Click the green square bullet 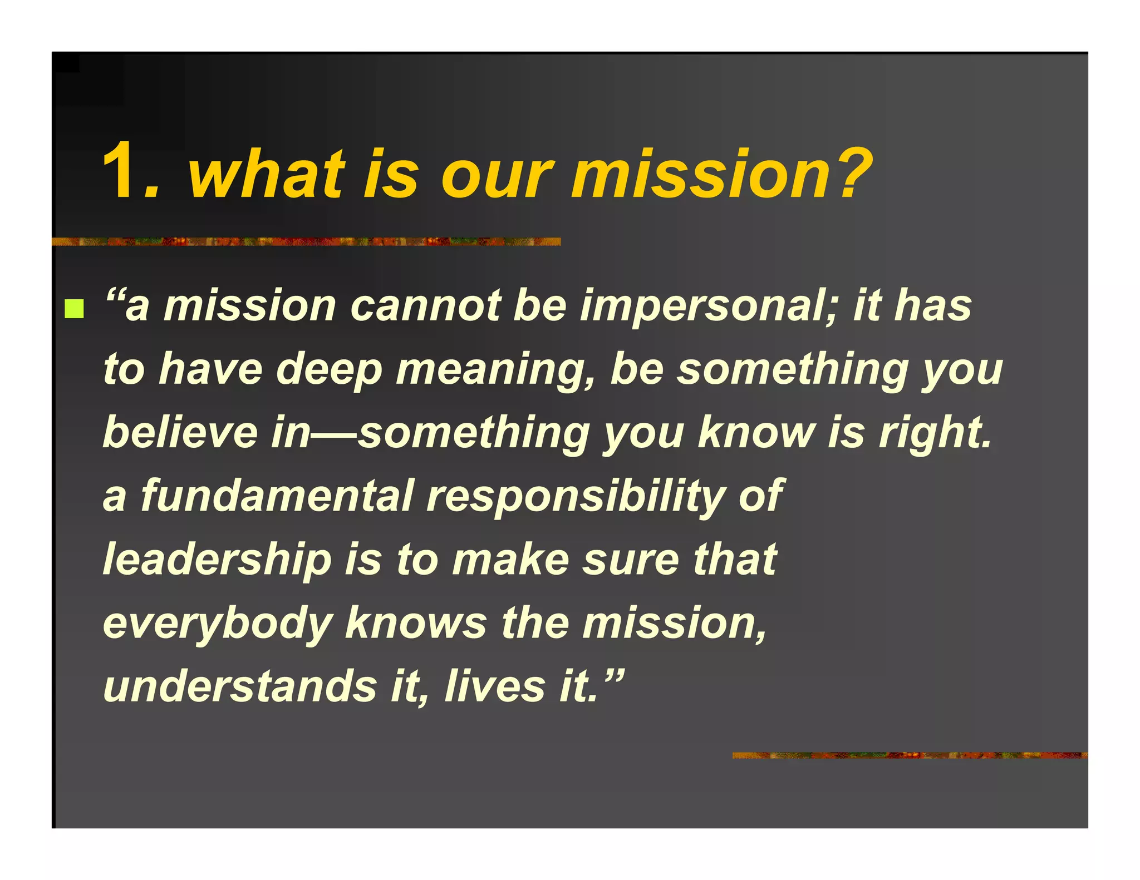[x=74, y=309]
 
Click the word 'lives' [x=495, y=686]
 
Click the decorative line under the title [x=306, y=241]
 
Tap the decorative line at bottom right [x=910, y=755]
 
